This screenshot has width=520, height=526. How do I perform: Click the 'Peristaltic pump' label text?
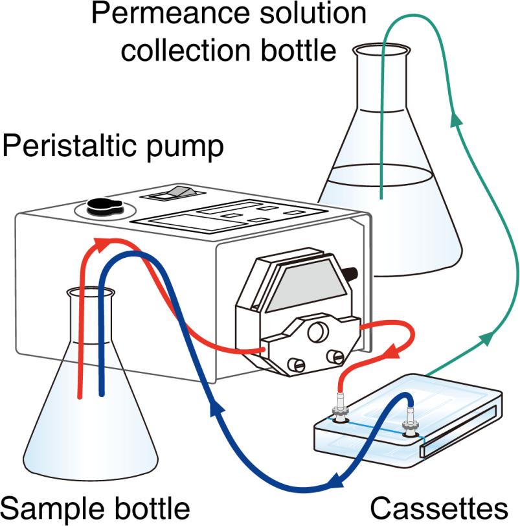113,147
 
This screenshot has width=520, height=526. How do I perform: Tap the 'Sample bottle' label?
95,507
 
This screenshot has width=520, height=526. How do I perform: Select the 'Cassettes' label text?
438,507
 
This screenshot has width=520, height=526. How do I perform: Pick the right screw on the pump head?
337,356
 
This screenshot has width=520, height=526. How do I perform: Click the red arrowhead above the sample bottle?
102,244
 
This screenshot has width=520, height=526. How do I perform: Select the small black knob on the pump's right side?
354,271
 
